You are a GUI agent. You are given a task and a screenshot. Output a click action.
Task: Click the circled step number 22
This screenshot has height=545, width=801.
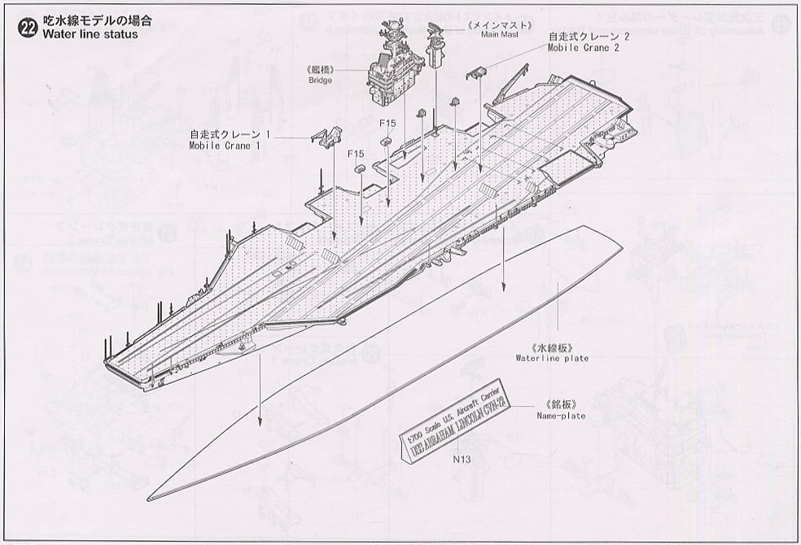pyautogui.click(x=27, y=27)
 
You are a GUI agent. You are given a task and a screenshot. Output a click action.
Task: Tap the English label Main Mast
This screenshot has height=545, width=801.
pyautogui.click(x=500, y=35)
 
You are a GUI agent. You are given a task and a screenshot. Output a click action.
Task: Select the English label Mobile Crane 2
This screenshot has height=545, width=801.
pyautogui.click(x=583, y=48)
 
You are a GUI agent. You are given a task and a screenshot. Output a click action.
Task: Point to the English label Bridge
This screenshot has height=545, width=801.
pyautogui.click(x=320, y=81)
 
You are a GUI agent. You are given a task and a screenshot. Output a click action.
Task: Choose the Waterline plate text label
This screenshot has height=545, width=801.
pyautogui.click(x=552, y=358)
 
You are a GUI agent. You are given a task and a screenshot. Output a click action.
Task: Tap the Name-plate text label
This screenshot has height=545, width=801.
pyautogui.click(x=561, y=416)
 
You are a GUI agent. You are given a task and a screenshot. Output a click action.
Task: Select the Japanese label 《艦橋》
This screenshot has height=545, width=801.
pyautogui.click(x=321, y=70)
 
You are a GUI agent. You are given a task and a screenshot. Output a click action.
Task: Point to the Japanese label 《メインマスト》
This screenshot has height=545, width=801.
pyautogui.click(x=499, y=24)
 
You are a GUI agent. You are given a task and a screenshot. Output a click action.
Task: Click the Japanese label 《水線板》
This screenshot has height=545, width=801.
pyautogui.click(x=551, y=347)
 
